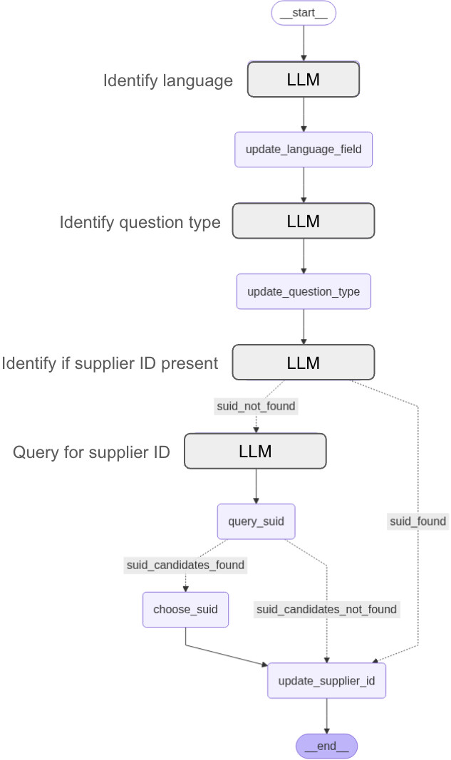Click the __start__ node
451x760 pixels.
303,14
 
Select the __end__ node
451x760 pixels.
326,746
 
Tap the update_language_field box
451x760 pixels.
304,150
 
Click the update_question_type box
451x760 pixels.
304,291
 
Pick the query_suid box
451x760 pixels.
256,521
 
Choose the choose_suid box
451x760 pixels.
185,610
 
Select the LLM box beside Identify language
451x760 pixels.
304,79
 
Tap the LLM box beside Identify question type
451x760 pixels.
304,221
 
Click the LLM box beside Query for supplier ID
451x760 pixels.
255,451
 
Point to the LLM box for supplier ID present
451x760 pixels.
304,363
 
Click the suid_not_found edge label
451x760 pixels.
256,406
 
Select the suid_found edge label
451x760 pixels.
418,521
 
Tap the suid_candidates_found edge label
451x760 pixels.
185,565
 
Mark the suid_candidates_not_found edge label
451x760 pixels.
326,609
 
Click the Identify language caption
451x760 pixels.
168,80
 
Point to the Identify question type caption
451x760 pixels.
140,222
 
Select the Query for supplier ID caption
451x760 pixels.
91,452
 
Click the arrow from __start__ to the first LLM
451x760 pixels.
304,43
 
